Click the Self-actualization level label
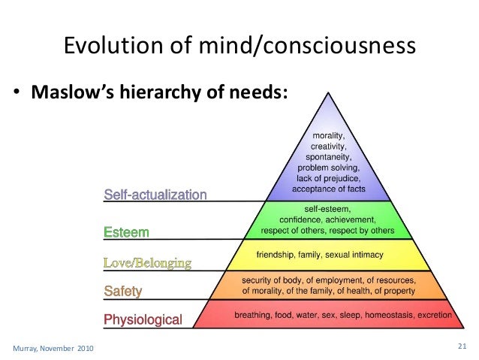point(155,195)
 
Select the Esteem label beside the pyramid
point(126,232)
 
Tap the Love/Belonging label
point(147,262)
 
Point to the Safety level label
point(122,290)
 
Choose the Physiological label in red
point(143,320)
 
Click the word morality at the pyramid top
point(328,135)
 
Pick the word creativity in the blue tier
point(328,146)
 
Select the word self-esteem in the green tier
point(328,207)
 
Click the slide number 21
point(462,346)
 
